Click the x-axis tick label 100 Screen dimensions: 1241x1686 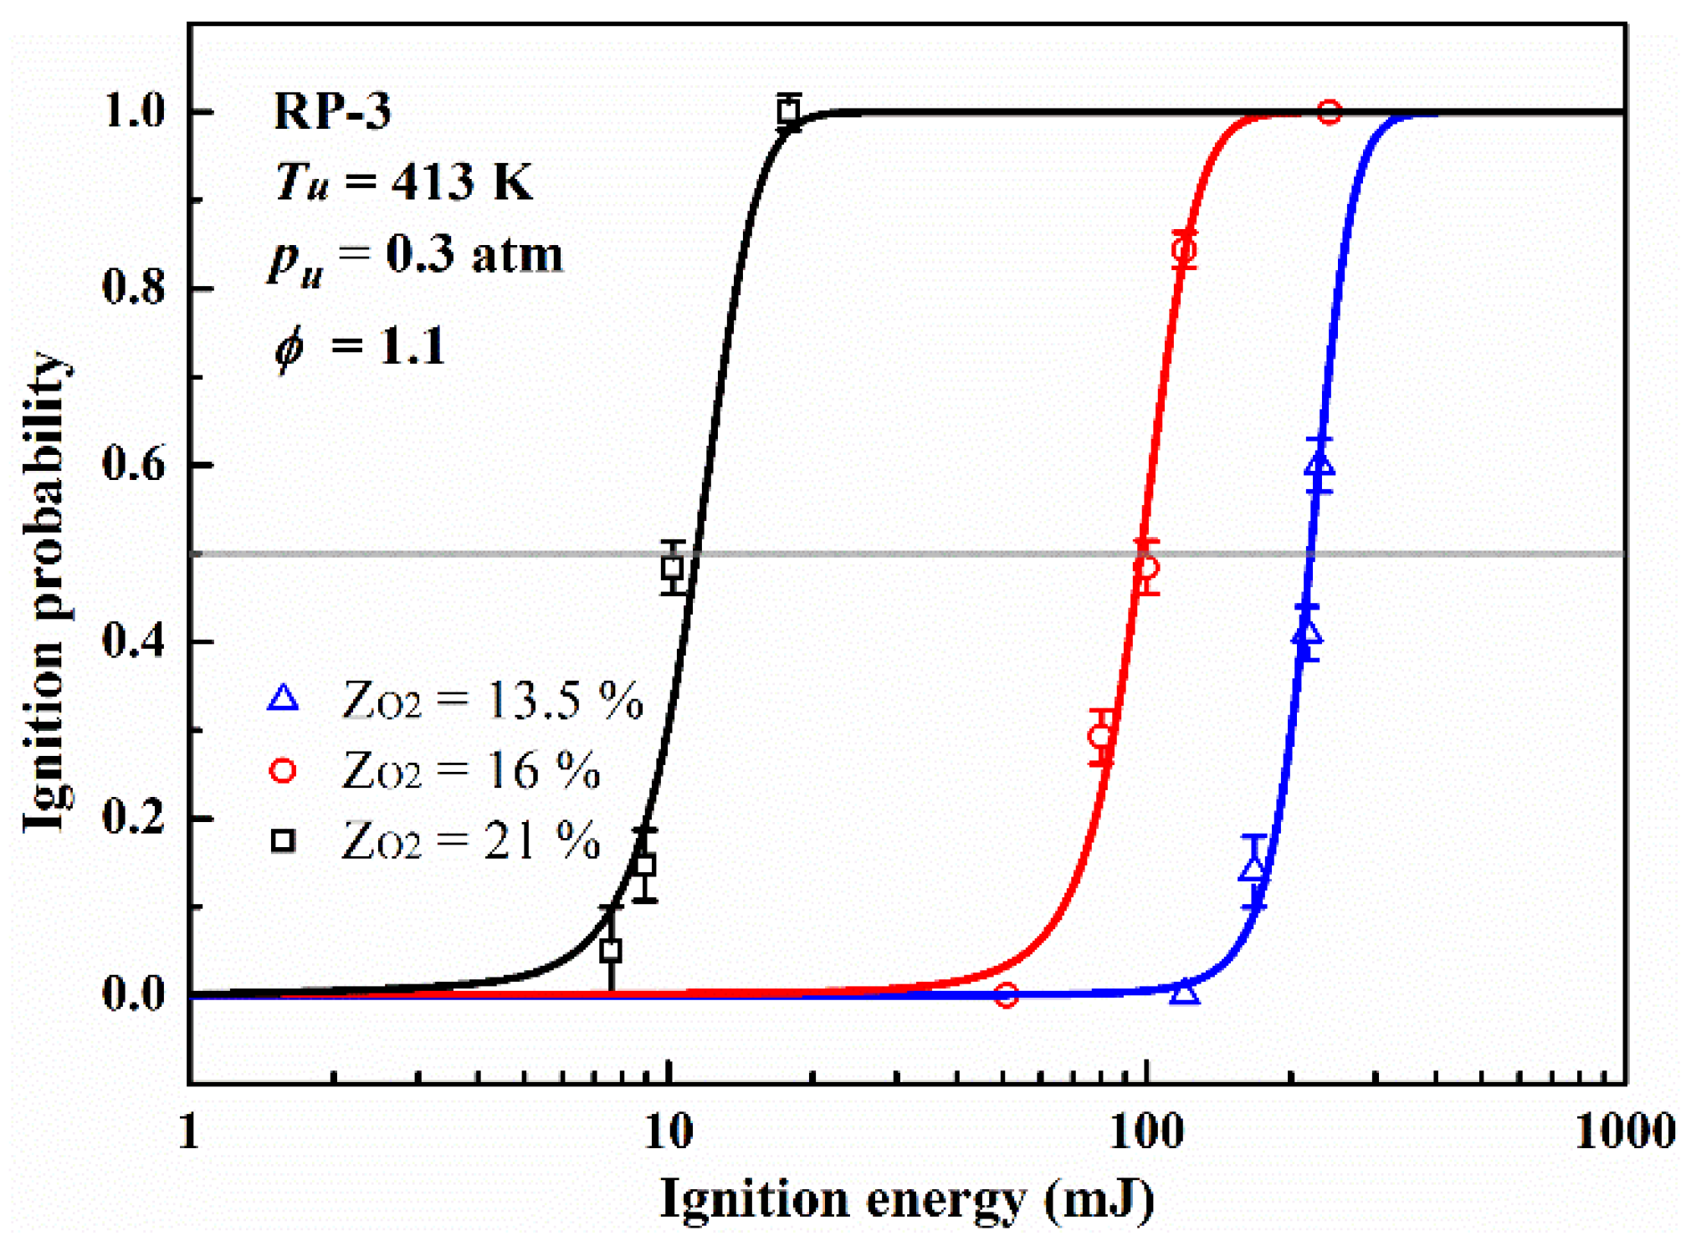tap(1146, 1134)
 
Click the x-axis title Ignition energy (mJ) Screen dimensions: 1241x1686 tap(907, 1201)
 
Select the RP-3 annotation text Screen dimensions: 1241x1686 tap(332, 111)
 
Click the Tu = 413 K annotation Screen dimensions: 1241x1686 tap(404, 181)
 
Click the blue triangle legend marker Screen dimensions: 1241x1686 tap(283, 699)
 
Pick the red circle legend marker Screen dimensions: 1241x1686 tap(283, 770)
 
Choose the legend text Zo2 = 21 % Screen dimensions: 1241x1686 tap(471, 841)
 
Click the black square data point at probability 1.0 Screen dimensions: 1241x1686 tap(787, 110)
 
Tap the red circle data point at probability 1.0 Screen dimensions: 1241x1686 tap(1329, 111)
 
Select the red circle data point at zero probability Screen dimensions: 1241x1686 tap(1006, 995)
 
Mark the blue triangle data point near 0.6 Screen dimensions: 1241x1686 tap(1320, 465)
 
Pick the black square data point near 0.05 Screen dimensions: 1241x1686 tap(611, 951)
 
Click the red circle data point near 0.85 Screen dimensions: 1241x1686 tap(1184, 249)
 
